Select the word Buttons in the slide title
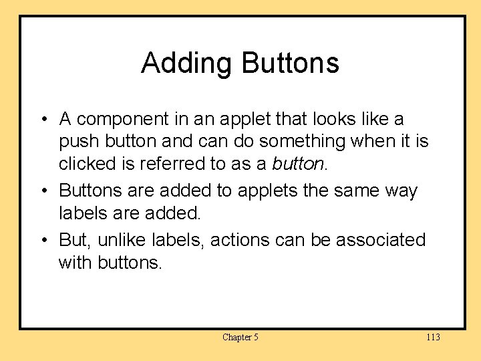click(x=290, y=63)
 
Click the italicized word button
click(x=297, y=164)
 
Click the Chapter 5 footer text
click(x=240, y=337)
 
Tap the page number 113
click(x=433, y=337)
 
